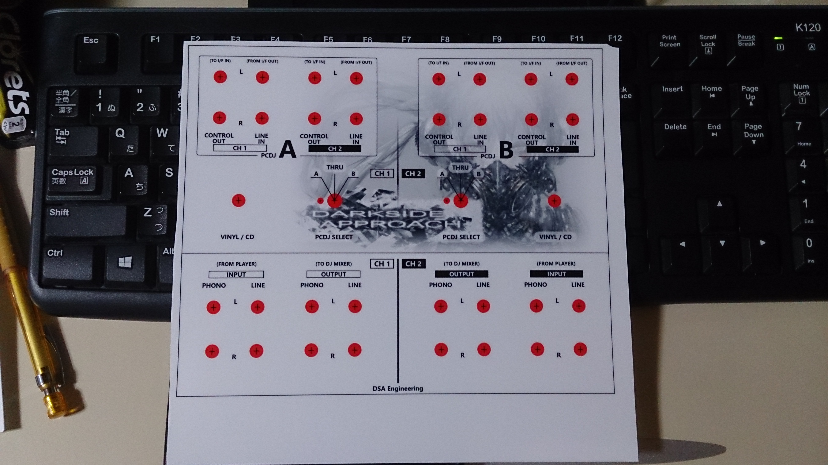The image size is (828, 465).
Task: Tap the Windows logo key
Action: (x=125, y=263)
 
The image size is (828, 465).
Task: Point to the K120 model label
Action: (x=808, y=28)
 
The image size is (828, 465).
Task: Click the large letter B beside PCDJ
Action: (x=506, y=150)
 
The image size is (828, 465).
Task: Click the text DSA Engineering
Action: (x=398, y=389)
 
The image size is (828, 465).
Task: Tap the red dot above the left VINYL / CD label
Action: (x=238, y=200)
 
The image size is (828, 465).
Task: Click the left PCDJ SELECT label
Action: (x=334, y=237)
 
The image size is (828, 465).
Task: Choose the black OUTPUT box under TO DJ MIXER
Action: (x=462, y=274)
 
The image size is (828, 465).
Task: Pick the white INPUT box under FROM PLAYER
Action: (x=236, y=274)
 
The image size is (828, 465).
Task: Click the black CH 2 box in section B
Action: (x=552, y=149)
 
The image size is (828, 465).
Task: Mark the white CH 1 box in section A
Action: (x=240, y=148)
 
